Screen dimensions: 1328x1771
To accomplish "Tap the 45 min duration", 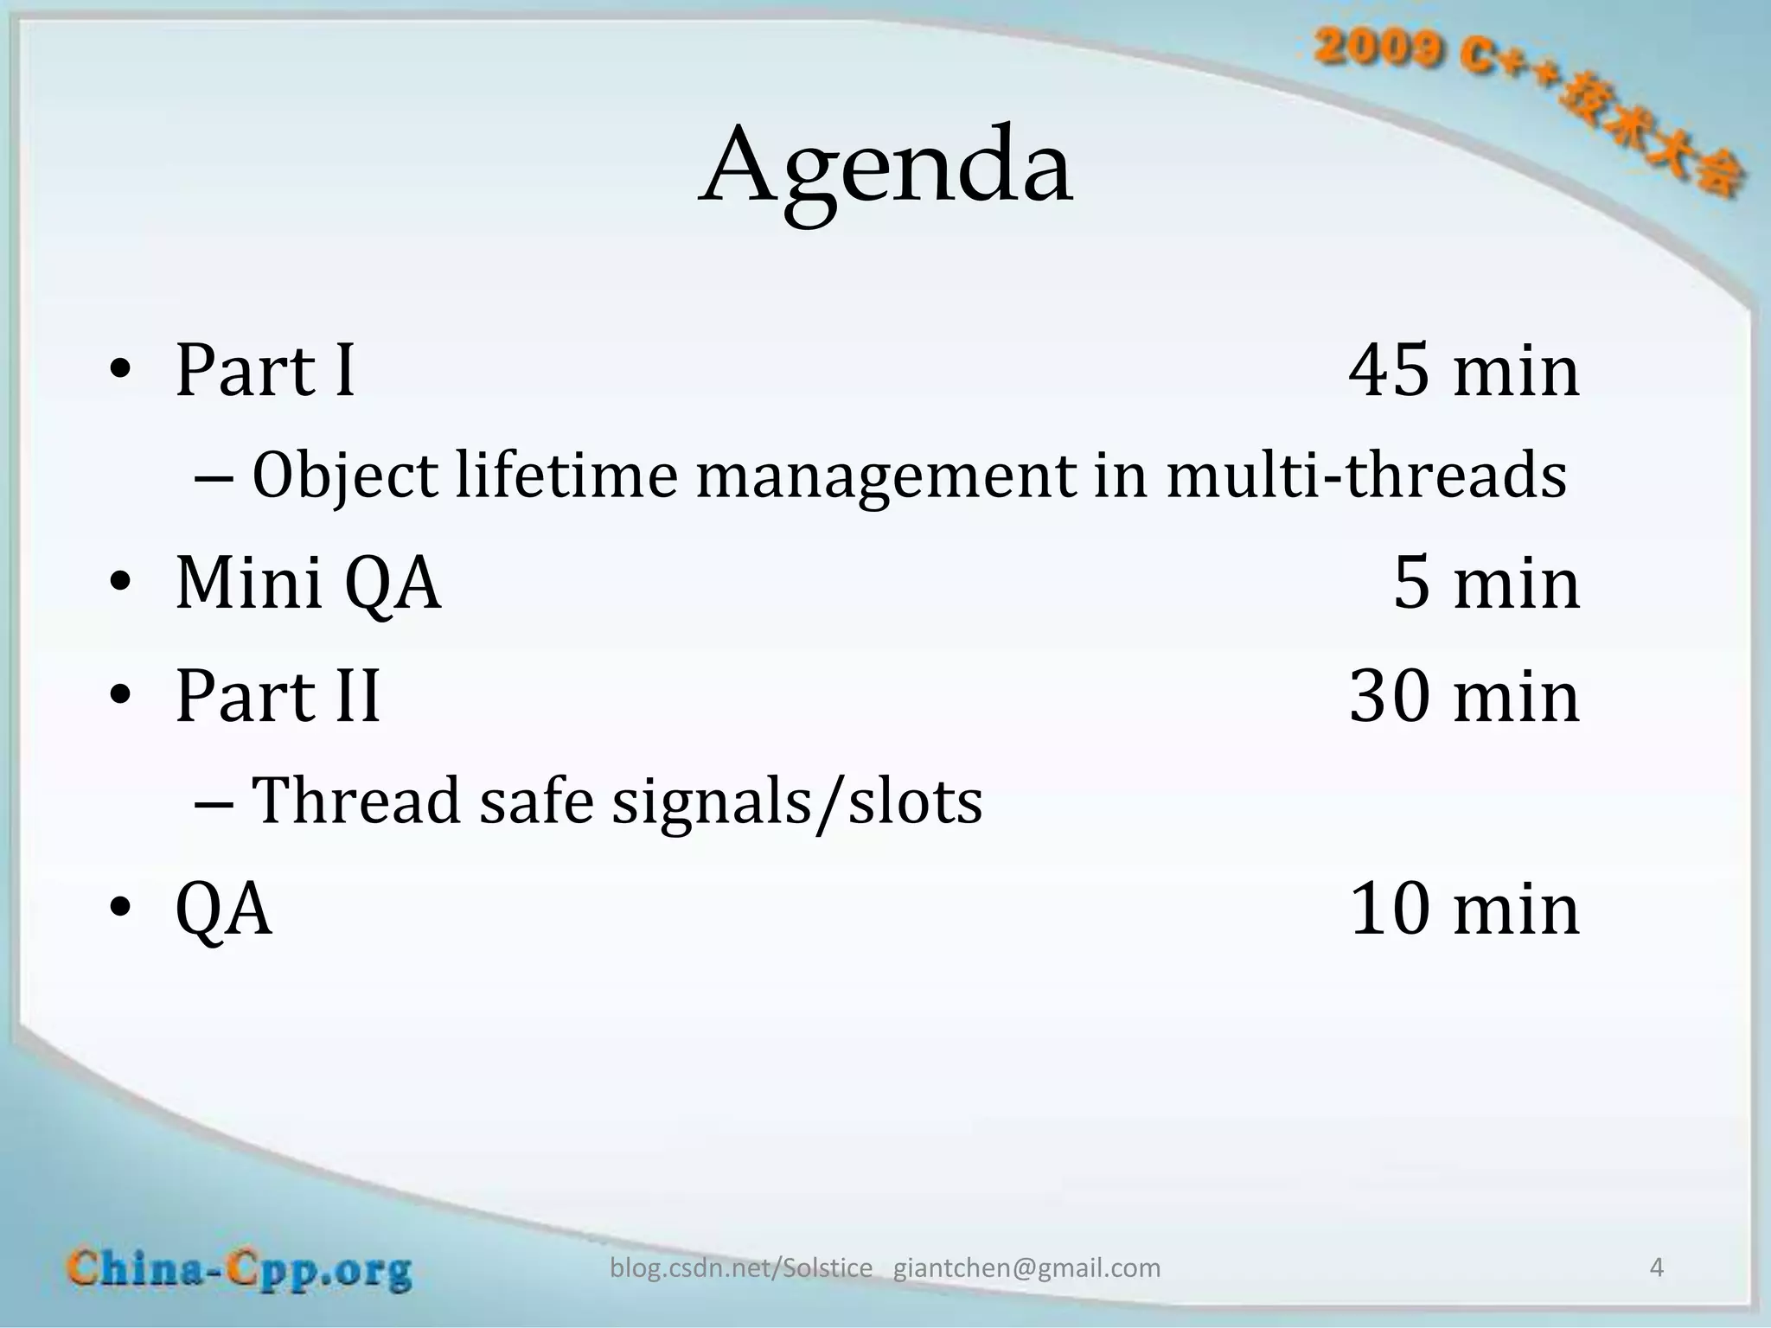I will (1463, 371).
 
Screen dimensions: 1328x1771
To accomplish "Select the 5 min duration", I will (1486, 584).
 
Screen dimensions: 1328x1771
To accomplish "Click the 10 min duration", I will (1463, 910).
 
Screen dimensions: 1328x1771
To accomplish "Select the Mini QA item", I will (308, 584).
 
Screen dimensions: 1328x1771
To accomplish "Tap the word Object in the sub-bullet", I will (345, 477).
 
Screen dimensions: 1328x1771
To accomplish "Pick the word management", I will (885, 477).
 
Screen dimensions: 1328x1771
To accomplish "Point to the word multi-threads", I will (1366, 476).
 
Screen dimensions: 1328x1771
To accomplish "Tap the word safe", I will (536, 801).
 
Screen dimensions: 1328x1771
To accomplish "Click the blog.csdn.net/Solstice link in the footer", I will (741, 1267).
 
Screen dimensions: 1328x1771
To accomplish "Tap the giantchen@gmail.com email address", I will (1026, 1267).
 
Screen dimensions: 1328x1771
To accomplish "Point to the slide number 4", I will (1657, 1267).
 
